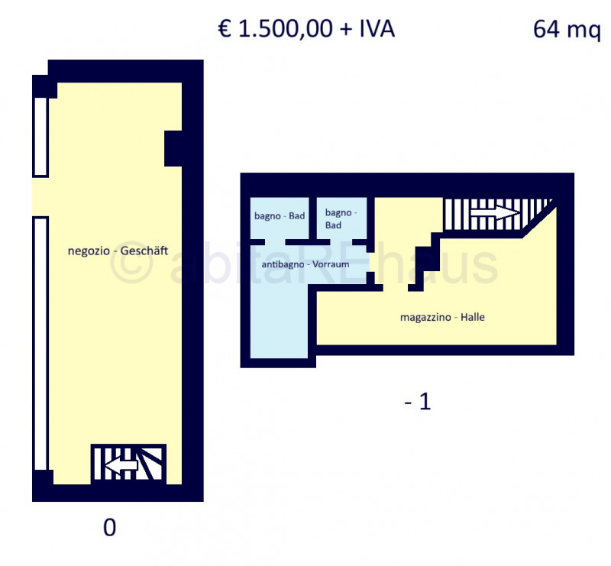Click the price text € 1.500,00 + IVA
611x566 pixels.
(x=306, y=29)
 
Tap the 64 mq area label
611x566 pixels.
(x=567, y=29)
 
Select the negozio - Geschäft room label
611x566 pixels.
(x=118, y=251)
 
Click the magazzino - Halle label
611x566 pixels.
(x=442, y=317)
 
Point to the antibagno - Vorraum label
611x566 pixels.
(x=305, y=264)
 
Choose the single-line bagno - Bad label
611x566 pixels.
(x=280, y=215)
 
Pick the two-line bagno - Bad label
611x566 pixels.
(x=341, y=218)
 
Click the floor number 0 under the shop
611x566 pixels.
(x=109, y=527)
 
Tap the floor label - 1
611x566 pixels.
(x=418, y=402)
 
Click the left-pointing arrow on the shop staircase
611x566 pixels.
(x=121, y=465)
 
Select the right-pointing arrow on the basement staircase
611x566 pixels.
(x=495, y=212)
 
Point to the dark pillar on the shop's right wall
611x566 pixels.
(x=173, y=148)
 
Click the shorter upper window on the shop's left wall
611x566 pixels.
(x=40, y=137)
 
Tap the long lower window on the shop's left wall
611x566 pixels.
(x=40, y=344)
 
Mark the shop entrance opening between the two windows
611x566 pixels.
(x=40, y=197)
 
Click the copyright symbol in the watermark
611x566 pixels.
(x=131, y=266)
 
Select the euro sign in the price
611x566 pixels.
(x=225, y=29)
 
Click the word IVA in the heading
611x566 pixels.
(x=377, y=29)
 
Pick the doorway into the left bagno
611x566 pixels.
(x=275, y=242)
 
